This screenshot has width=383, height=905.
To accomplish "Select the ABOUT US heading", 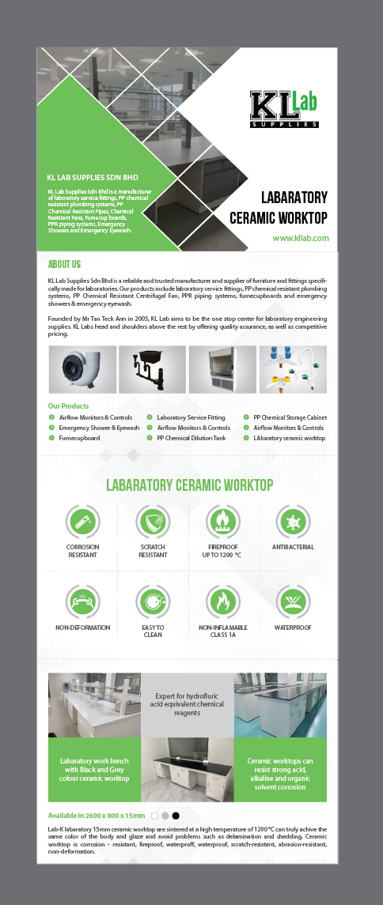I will coord(64,264).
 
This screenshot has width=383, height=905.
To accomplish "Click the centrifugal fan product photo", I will coord(82,370).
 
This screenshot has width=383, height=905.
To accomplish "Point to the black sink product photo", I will coord(151,370).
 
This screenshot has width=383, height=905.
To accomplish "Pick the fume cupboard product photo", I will coord(221,370).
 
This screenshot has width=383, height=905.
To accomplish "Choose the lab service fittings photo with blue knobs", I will coord(293,370).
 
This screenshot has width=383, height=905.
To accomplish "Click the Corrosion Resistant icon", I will coord(82,521).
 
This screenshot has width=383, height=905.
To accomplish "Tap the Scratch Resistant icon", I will coord(153,521).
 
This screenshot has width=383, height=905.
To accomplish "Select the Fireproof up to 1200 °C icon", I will coord(222,521).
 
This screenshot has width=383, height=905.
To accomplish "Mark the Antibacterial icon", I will coord(293,521).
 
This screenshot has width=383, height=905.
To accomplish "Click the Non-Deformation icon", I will coord(82,601).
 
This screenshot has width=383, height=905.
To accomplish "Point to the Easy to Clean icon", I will coord(153,601).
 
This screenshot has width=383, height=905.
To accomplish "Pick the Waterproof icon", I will coord(293,601).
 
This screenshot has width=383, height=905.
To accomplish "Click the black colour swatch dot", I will coord(176,815).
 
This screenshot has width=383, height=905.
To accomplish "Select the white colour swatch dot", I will coord(155,815).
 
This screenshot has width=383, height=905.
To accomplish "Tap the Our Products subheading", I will coord(68,406).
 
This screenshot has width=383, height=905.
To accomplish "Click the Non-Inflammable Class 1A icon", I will coord(222,601).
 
